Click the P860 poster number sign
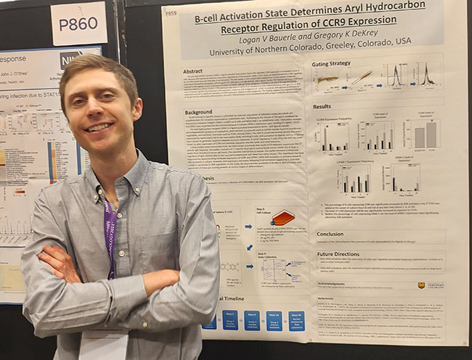(78, 24)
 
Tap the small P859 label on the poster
(171, 13)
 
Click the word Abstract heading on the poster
(193, 71)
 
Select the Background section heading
(198, 112)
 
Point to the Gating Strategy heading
(331, 64)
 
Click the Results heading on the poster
(322, 107)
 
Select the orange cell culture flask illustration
(282, 217)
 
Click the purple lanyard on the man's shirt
(109, 240)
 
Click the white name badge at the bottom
(104, 345)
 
